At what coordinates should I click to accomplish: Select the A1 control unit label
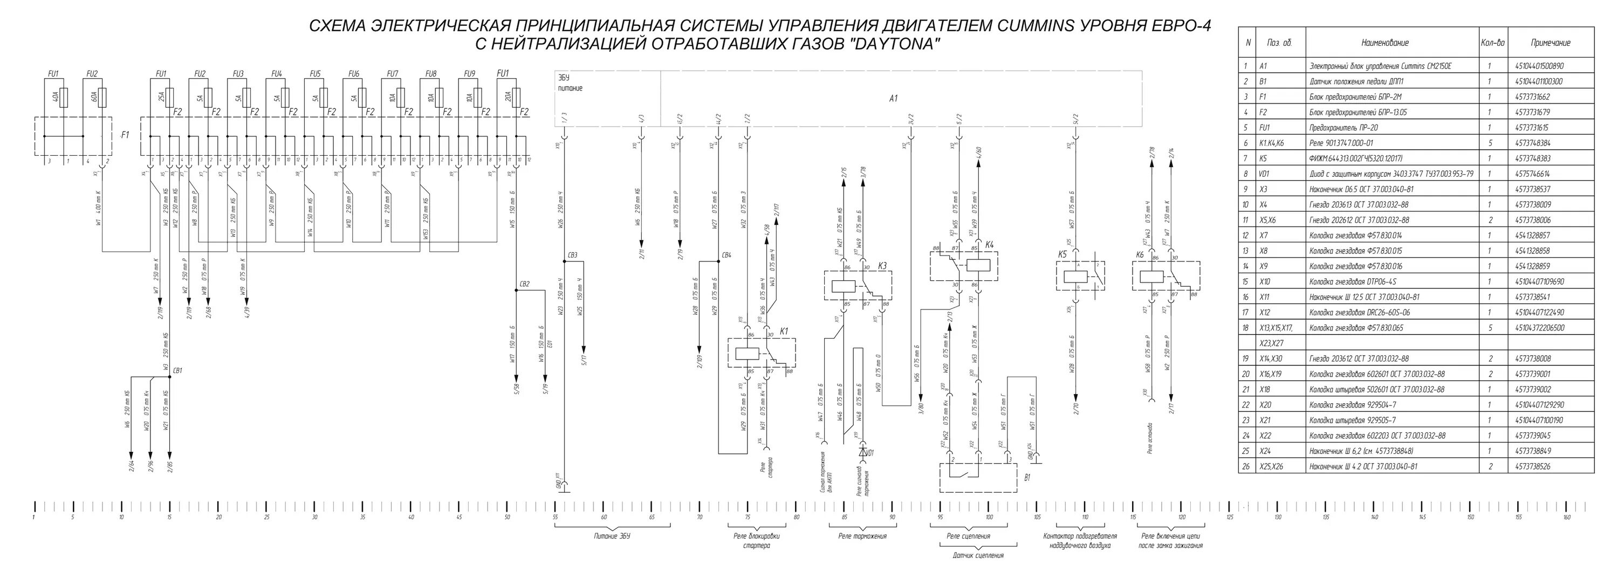pos(893,99)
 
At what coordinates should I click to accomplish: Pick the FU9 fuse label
pos(470,74)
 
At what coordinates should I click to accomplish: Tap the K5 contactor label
pos(1062,254)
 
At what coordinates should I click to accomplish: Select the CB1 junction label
pos(178,371)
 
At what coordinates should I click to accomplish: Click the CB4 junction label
pos(726,255)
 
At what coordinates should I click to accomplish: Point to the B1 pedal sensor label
pos(1027,478)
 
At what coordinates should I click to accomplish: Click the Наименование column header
pos(1384,43)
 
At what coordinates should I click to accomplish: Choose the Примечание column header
pos(1550,43)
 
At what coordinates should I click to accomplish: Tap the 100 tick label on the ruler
pos(989,518)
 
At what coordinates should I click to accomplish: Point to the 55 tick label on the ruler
pos(556,518)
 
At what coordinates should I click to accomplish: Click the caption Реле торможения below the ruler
pos(862,536)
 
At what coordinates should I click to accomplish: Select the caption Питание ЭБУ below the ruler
pos(612,536)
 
